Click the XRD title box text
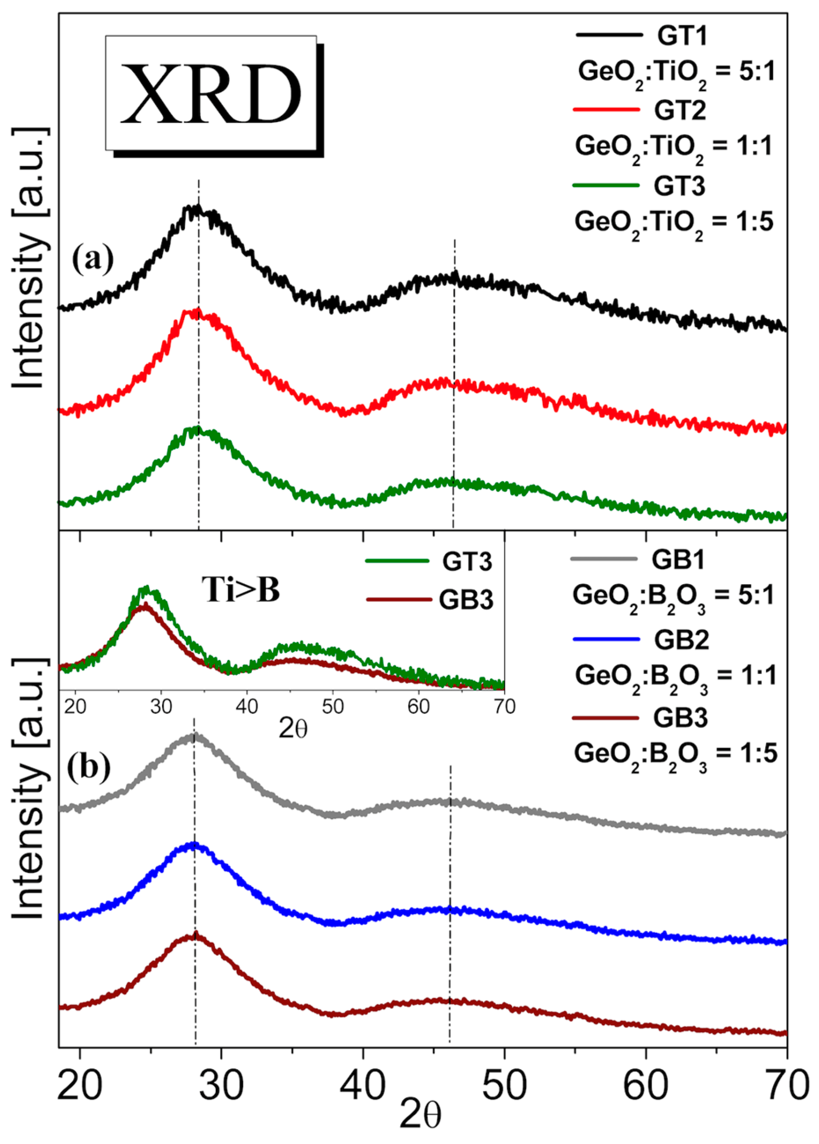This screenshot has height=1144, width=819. click(x=210, y=93)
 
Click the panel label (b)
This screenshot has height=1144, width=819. click(x=89, y=768)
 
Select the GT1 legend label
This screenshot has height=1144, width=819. click(x=682, y=36)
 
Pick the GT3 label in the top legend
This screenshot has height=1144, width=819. click(x=679, y=186)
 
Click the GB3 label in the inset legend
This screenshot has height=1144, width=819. click(x=465, y=600)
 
